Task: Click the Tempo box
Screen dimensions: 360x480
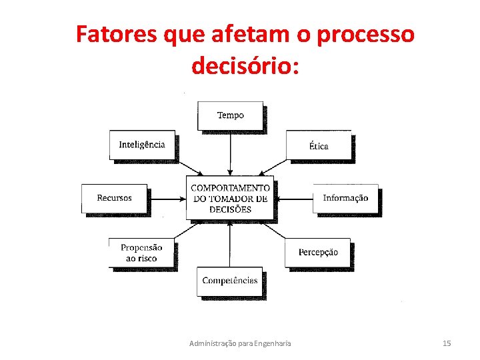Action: (x=230, y=115)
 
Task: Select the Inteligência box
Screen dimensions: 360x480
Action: (x=142, y=145)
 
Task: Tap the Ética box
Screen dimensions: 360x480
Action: (x=319, y=145)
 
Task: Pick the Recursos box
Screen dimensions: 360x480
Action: (x=114, y=198)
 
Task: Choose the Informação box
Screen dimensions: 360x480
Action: (x=345, y=198)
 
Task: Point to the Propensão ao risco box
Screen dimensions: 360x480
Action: (x=141, y=253)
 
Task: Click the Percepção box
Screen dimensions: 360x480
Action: (x=318, y=253)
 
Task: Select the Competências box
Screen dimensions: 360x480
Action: (x=230, y=281)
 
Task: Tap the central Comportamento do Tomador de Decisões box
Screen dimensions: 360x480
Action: (x=230, y=198)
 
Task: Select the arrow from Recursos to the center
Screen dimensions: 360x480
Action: (x=167, y=198)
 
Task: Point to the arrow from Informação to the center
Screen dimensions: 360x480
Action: (x=293, y=198)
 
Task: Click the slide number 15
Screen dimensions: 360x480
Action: (x=447, y=343)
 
